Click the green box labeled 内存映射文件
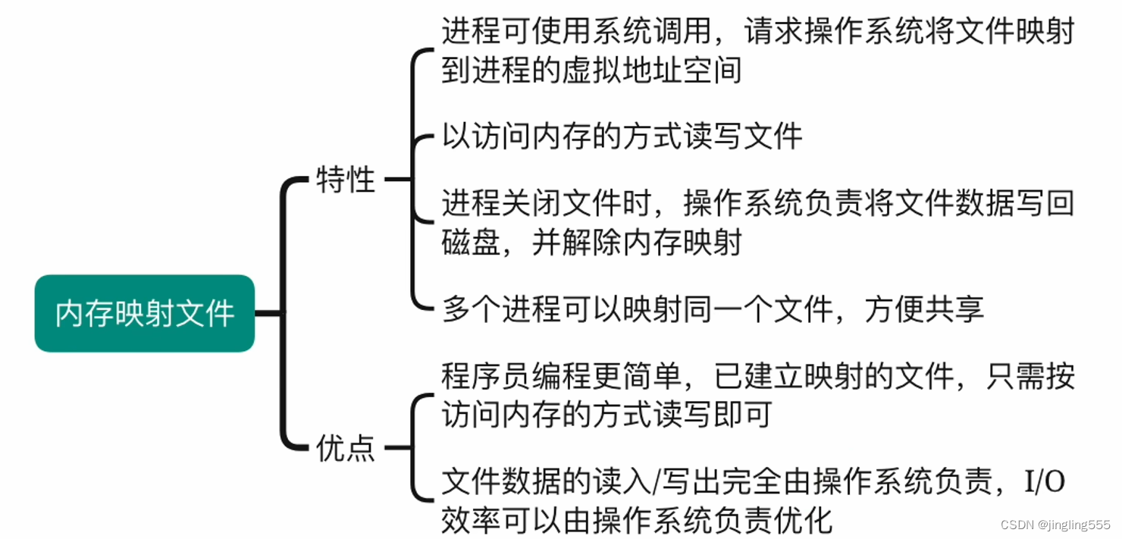(x=144, y=313)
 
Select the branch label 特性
(x=346, y=180)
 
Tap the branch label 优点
(x=346, y=449)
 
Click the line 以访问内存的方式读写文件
(x=622, y=136)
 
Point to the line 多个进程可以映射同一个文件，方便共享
(x=713, y=309)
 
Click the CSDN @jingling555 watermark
(x=1055, y=525)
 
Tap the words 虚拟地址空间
(x=652, y=71)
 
